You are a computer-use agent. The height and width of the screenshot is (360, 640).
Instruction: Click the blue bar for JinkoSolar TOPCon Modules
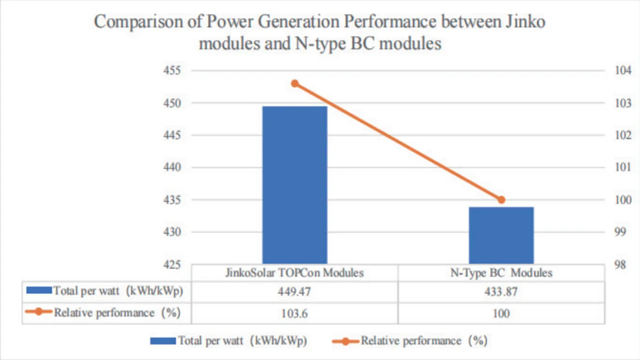point(294,185)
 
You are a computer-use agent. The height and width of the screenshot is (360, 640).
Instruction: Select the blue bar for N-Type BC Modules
point(501,235)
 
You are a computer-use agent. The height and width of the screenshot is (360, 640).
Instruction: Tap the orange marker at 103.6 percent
point(295,83)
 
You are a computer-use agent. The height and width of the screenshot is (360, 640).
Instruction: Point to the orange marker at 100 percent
point(501,199)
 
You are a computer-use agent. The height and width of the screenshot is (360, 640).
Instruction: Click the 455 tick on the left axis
point(171,70)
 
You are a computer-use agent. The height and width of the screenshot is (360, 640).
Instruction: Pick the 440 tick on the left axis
point(171,167)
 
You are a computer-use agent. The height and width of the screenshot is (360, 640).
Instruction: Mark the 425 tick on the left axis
point(171,264)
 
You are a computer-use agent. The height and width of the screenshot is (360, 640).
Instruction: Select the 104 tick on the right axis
point(622,70)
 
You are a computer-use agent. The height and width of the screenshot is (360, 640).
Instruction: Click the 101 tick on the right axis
point(622,167)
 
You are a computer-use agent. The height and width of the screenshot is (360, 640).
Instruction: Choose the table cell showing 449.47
point(294,292)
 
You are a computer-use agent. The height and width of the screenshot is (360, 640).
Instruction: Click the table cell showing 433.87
point(501,292)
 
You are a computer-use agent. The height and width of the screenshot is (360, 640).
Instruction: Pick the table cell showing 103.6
point(294,313)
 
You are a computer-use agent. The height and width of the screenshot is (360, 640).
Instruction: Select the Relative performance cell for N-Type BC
point(501,313)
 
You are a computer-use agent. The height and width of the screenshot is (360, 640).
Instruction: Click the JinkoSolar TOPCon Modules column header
point(294,273)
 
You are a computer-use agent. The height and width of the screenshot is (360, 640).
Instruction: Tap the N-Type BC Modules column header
point(501,273)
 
